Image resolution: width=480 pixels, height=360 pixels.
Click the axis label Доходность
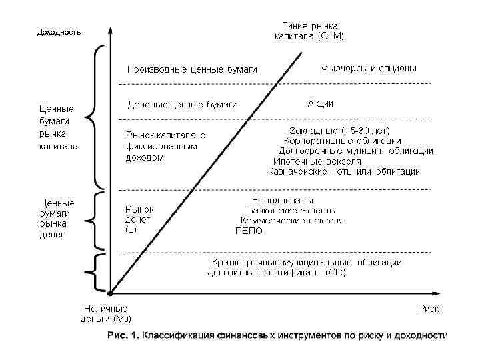coord(59,31)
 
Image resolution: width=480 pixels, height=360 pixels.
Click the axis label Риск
coord(428,309)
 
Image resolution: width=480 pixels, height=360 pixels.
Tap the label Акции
coord(321,103)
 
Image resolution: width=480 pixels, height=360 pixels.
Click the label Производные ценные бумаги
coord(192,69)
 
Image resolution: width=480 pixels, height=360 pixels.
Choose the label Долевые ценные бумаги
coord(182,104)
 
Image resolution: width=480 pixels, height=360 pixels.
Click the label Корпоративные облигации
coord(342,141)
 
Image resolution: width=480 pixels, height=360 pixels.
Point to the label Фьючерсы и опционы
coord(369,68)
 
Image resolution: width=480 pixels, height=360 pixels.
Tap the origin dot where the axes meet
coord(111,291)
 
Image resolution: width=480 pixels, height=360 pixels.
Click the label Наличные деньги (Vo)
coord(105,313)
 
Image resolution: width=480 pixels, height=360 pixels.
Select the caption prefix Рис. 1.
coord(123,335)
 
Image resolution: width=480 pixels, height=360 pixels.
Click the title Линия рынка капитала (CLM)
coord(309,30)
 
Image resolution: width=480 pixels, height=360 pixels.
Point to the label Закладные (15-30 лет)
coord(339,130)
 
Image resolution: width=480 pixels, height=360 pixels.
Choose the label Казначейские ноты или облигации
coord(343,171)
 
